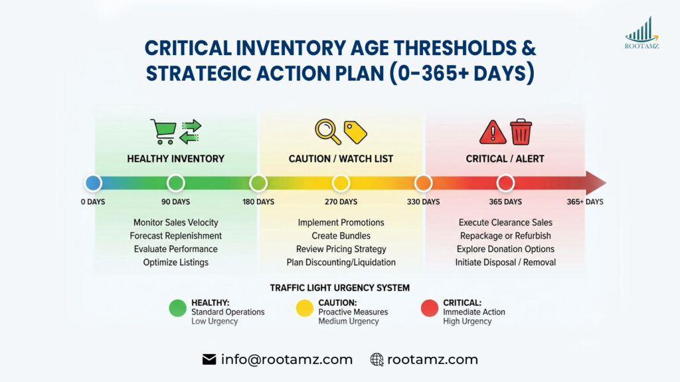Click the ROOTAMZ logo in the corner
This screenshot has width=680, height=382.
(641, 33)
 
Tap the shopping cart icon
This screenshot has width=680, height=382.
(163, 131)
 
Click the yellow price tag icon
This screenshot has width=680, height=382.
(355, 132)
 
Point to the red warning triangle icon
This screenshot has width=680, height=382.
(493, 132)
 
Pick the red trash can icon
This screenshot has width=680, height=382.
(521, 131)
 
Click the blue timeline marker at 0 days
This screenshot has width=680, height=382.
(93, 183)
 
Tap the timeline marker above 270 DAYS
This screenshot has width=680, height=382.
(341, 183)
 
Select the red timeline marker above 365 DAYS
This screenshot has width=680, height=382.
(505, 183)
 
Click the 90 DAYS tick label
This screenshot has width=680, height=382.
(175, 202)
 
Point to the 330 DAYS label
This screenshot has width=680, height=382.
(423, 202)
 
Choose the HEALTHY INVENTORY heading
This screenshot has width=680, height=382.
(175, 159)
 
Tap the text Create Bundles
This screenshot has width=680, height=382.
(341, 235)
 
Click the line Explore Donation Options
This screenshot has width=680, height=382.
(505, 249)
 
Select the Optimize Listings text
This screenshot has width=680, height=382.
(175, 262)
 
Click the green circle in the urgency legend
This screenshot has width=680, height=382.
(177, 308)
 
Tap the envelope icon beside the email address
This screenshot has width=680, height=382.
(209, 359)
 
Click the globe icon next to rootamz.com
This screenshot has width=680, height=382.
(377, 359)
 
